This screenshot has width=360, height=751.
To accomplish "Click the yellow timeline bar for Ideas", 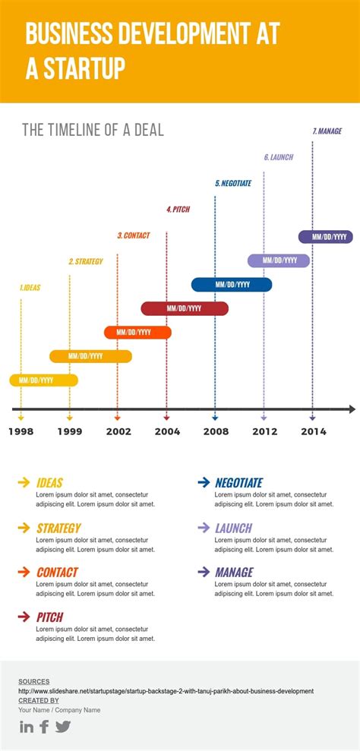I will pos(43,380).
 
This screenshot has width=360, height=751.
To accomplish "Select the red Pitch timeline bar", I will pos(185,308).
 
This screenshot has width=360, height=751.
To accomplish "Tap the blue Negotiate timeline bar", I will pos(232,285).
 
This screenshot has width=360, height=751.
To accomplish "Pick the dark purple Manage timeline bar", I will pos(325,237).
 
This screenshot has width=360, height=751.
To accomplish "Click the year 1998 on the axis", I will pos(21,431).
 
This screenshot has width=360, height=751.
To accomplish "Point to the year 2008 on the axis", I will pos(216,431).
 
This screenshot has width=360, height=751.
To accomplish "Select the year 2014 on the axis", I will pos(313,431).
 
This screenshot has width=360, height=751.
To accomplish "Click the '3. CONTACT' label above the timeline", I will pos(134,235).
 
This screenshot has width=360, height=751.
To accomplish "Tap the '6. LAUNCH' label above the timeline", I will pos(279,157).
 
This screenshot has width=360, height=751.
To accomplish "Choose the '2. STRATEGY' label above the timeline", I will pos(86,261).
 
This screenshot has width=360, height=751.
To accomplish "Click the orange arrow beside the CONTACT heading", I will pos(24,572).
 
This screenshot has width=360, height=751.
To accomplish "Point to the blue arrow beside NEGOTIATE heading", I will pos(204,482).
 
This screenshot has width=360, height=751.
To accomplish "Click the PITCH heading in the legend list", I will pos(50,617).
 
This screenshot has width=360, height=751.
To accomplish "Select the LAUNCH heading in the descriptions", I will pos(233,528).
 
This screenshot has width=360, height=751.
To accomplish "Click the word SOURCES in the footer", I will pos(33,682).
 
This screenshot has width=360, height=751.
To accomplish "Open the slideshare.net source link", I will pos(166,691).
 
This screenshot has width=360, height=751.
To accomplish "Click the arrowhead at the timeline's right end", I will pos(351,409).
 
